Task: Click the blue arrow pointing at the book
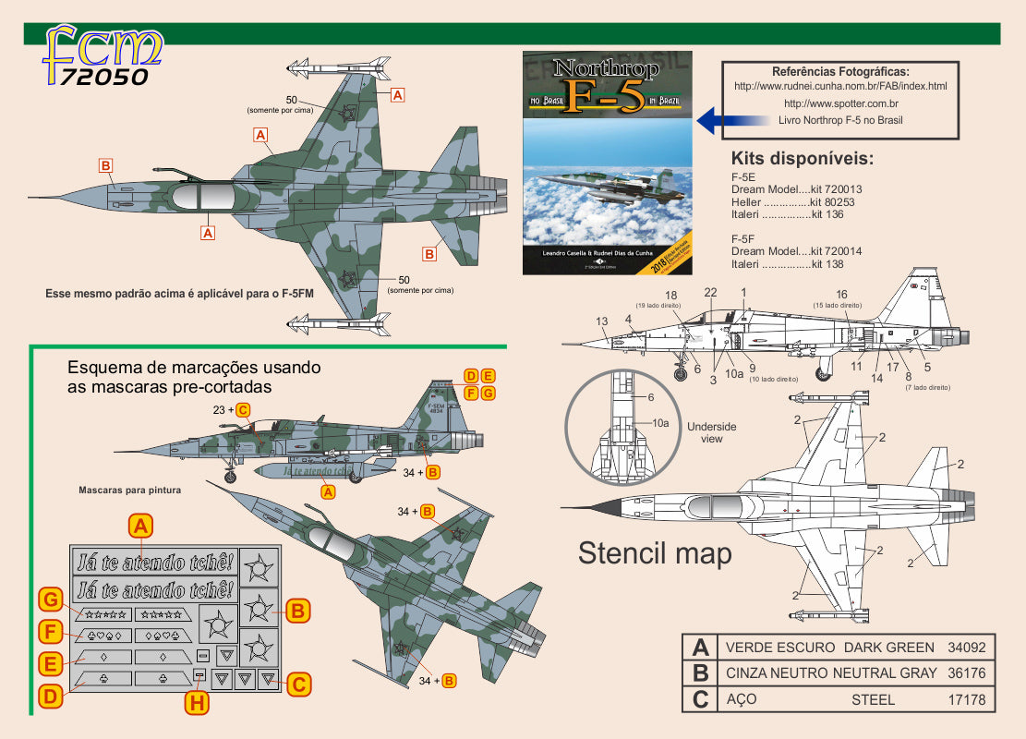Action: (729, 120)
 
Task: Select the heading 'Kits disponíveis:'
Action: (802, 158)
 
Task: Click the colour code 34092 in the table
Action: (967, 648)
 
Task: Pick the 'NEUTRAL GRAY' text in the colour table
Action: (885, 673)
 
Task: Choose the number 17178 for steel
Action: (967, 699)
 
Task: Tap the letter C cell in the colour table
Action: (700, 699)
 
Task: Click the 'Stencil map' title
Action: (655, 553)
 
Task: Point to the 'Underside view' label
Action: (712, 433)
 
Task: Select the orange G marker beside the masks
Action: (52, 601)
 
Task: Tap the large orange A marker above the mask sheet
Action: (139, 527)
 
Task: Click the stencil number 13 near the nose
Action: (602, 321)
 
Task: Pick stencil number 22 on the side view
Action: (710, 293)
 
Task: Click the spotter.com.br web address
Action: (840, 103)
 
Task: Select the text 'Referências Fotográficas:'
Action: (840, 71)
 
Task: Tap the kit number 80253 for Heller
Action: (828, 201)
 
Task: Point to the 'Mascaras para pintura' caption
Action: (129, 490)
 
